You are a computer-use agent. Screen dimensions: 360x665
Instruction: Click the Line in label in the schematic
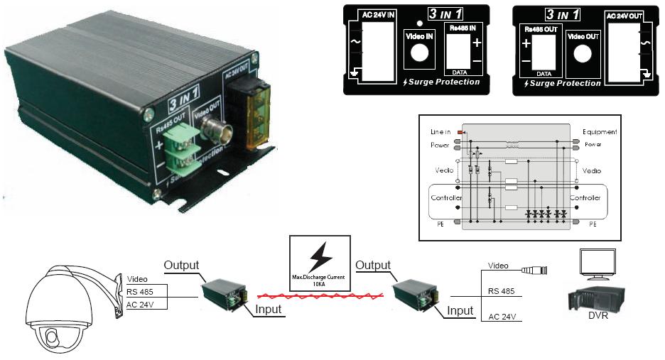(x=441, y=132)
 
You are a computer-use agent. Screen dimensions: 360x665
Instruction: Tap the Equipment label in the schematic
(x=600, y=132)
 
